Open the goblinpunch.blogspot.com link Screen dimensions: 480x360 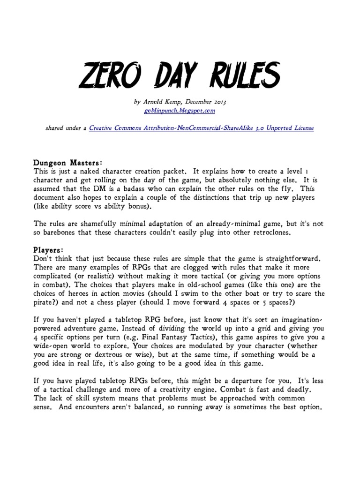[x=180, y=112]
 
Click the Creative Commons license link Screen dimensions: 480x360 [x=202, y=128]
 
